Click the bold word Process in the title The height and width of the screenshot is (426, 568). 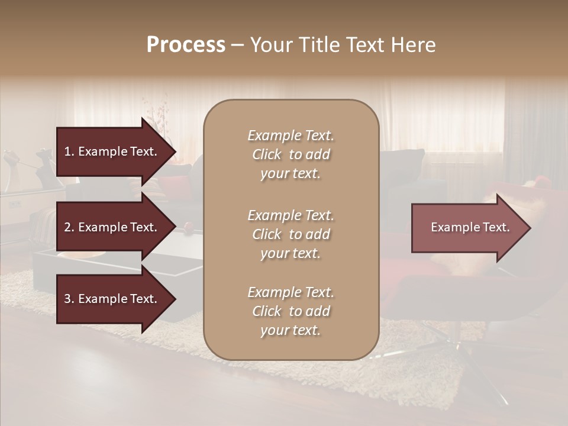pos(186,45)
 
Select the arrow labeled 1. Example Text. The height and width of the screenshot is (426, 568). pos(112,151)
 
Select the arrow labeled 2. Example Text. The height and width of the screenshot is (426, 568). pos(112,227)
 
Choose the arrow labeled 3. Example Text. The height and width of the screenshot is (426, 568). pos(112,299)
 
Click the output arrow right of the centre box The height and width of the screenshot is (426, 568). pos(467,228)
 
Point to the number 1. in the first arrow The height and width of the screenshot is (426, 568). pos(69,151)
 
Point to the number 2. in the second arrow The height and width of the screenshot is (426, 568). pos(69,227)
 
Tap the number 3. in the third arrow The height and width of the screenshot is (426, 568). pos(69,299)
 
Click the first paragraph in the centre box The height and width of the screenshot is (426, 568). pos(291,154)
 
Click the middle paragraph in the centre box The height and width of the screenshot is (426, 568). pos(291,234)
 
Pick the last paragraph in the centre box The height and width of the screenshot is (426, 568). pos(291,311)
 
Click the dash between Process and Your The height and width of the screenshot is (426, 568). pos(237,45)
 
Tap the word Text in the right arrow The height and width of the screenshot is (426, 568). pos(496,227)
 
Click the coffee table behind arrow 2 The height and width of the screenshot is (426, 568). pos(177,254)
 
